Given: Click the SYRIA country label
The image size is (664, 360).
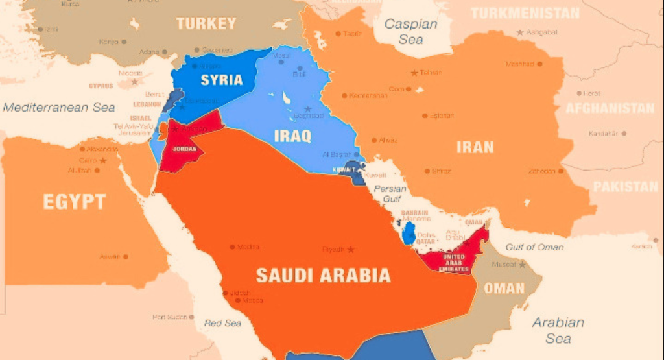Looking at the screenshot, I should coord(221,80).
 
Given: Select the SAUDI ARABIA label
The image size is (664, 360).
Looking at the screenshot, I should coord(323,275).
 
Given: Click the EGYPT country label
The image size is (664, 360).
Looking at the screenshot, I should coord(74,202).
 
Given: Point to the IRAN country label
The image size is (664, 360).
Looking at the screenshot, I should coord(475,147).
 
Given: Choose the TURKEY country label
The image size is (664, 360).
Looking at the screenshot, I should coord(206,24).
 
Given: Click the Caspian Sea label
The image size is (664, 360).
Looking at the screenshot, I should coord(410,30).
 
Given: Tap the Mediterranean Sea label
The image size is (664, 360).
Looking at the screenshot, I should coord(59,108).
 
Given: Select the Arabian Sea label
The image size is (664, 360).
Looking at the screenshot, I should coord(558,330).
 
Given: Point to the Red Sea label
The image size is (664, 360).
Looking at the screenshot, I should coord(222,322).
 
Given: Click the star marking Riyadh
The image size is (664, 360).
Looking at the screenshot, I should coord(351,250).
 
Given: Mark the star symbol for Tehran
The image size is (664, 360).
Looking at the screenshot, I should coord(414,73).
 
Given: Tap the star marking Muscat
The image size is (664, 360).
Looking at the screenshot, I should coord(522,265).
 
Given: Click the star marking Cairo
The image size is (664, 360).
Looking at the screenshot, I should coord(102,160).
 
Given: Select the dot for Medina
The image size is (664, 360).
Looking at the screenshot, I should coord(232,247).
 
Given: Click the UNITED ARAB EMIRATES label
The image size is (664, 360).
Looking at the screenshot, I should coord(453,261).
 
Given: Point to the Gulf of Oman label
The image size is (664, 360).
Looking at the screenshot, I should coord(534,246).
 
